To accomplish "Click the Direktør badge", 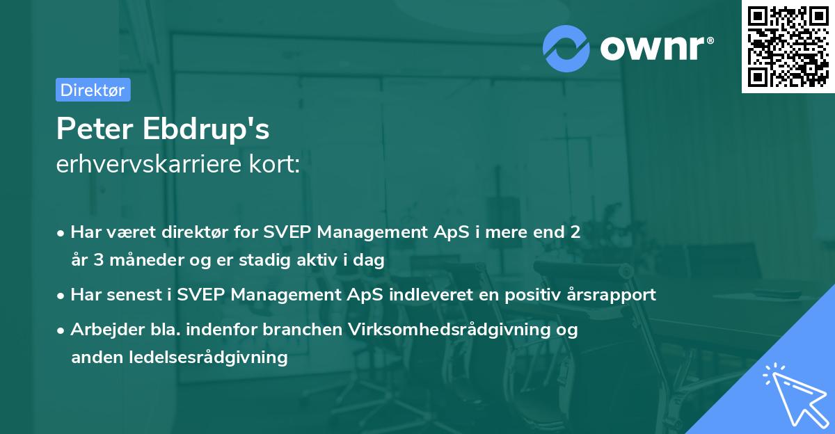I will click(93, 90).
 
